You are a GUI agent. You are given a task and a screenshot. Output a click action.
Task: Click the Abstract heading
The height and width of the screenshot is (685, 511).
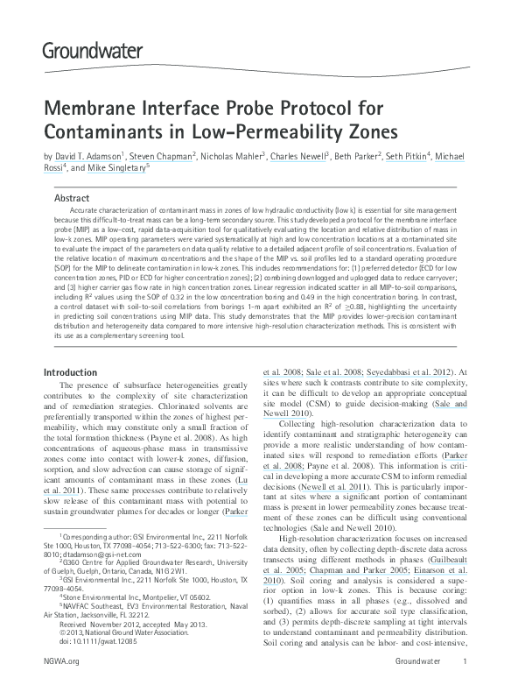pos(72,198)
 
